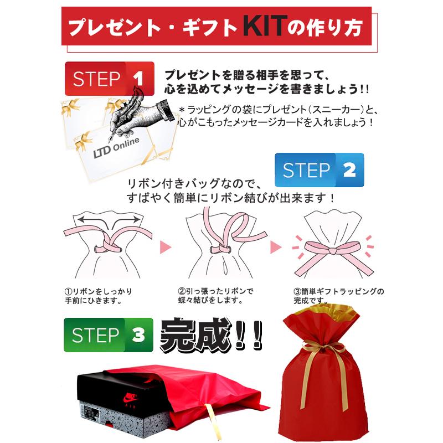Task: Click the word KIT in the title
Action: (265, 26)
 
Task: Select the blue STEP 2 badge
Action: (319, 170)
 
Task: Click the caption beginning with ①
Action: (98, 296)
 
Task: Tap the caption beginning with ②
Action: (215, 296)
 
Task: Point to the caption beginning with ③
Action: (337, 295)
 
